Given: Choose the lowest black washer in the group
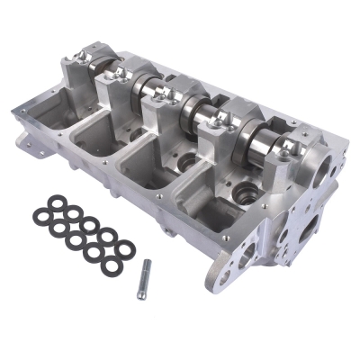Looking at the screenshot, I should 92,257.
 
